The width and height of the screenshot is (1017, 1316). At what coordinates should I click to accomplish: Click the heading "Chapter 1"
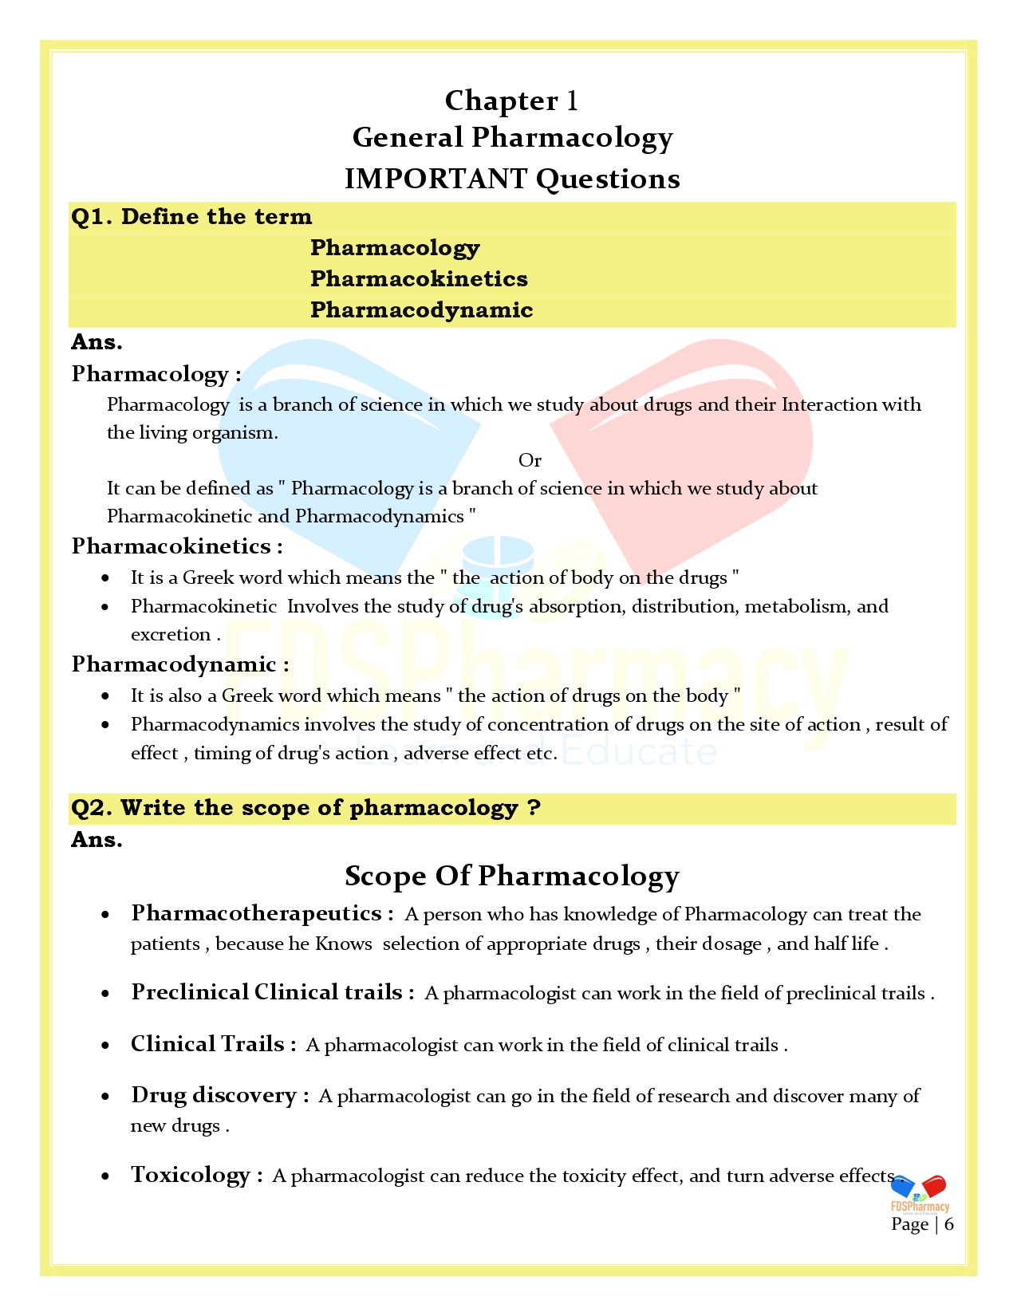coord(511,100)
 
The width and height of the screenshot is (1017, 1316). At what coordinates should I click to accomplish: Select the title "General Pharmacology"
coord(512,138)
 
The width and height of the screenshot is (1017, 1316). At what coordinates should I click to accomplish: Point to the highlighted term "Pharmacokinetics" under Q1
coord(419,279)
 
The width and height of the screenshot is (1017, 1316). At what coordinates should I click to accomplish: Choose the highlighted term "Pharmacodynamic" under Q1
coord(421,310)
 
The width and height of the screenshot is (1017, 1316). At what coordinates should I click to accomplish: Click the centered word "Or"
coord(530,460)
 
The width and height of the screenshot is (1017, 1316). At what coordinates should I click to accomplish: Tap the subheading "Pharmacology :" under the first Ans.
coord(156,374)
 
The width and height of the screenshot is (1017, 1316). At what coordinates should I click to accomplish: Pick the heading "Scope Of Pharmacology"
coord(511,876)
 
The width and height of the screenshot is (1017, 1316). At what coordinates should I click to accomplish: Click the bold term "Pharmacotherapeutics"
coord(256,913)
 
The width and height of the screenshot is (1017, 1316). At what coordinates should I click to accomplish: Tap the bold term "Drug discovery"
coord(214,1095)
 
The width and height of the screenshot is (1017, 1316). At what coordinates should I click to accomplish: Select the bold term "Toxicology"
coord(191,1175)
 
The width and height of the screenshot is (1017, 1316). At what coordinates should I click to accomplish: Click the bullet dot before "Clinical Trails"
coord(105,1046)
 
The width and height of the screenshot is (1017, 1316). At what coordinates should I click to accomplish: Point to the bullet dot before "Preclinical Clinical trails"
coord(105,994)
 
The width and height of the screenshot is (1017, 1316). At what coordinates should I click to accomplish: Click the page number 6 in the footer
coord(948,1224)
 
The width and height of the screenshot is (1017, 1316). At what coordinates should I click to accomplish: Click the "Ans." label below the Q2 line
coord(97,840)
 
